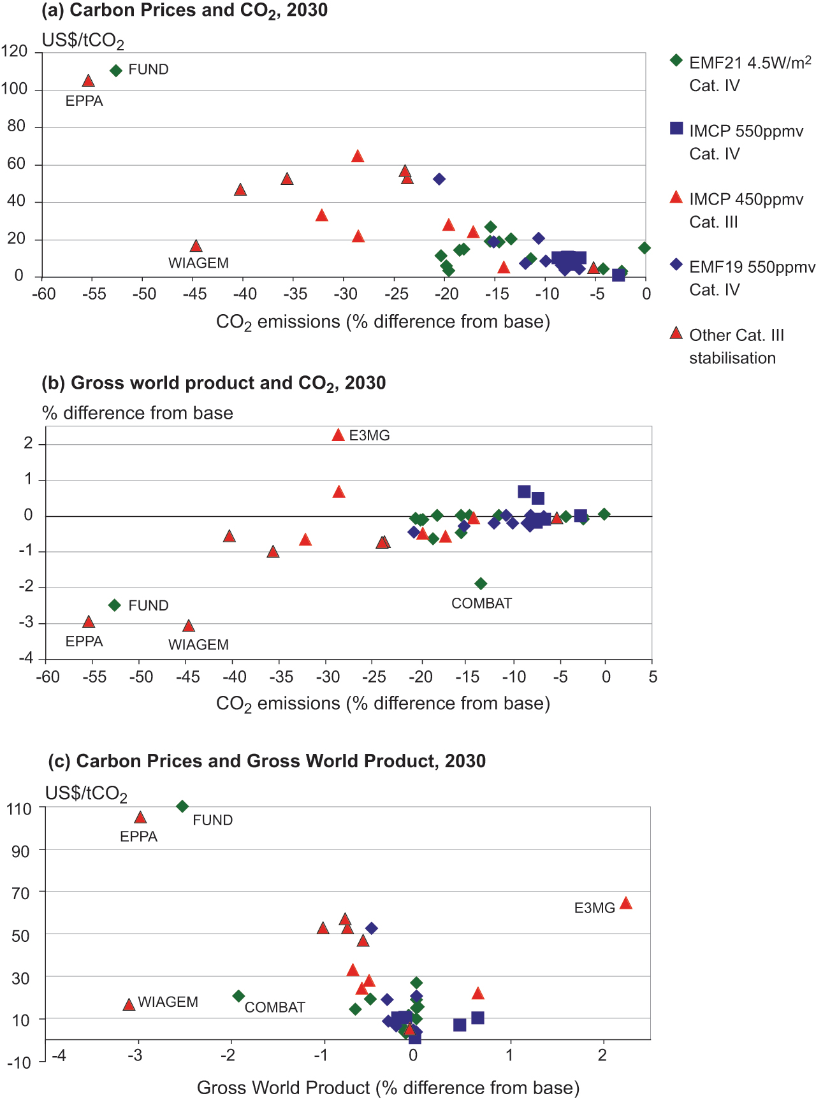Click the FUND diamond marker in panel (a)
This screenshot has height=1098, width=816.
(x=115, y=71)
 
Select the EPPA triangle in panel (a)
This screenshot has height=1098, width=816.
(x=89, y=80)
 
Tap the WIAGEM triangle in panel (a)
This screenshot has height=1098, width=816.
(x=196, y=246)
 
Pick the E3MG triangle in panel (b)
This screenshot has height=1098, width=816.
(x=339, y=435)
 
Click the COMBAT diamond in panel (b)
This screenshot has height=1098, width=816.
(x=481, y=583)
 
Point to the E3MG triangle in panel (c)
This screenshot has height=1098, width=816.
(x=626, y=903)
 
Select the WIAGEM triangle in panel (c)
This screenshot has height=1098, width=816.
(x=129, y=1004)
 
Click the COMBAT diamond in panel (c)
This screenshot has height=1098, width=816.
(x=238, y=996)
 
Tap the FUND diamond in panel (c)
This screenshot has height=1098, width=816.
(x=182, y=807)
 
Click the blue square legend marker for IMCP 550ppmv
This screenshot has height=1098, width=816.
(x=676, y=129)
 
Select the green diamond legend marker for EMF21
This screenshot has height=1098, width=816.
(x=676, y=61)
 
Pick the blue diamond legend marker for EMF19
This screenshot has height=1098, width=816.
(x=676, y=264)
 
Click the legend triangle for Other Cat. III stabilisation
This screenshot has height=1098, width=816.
(x=676, y=333)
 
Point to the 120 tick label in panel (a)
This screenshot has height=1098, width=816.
(x=14, y=51)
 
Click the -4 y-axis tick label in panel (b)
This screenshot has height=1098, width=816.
(x=26, y=658)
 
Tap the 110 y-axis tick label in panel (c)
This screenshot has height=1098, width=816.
(x=18, y=809)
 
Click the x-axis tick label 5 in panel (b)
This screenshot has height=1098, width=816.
(x=653, y=677)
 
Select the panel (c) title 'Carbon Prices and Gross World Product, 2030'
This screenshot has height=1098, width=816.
(x=281, y=761)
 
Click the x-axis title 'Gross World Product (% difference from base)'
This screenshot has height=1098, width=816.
(x=388, y=1087)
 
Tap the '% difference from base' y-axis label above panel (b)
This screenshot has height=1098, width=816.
(x=138, y=413)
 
